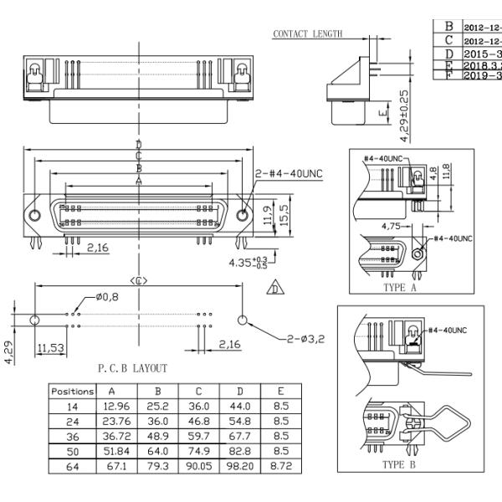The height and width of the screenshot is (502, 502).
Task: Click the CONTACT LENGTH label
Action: tap(308, 34)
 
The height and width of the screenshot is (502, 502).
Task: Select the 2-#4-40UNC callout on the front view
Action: tap(289, 173)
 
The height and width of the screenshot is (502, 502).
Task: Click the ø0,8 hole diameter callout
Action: tap(108, 297)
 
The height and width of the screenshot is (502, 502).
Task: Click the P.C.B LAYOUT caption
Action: tap(133, 367)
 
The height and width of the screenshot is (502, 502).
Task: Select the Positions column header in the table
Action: tap(73, 391)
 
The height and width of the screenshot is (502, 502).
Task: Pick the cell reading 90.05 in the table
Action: tap(198, 467)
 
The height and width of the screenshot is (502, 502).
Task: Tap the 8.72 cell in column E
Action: tap(282, 467)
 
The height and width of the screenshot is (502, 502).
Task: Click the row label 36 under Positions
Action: tap(73, 436)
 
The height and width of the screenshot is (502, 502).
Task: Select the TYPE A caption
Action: tap(399, 286)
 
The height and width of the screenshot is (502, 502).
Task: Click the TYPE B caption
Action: tap(399, 464)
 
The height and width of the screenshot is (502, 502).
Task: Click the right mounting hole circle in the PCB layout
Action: tap(243, 320)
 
